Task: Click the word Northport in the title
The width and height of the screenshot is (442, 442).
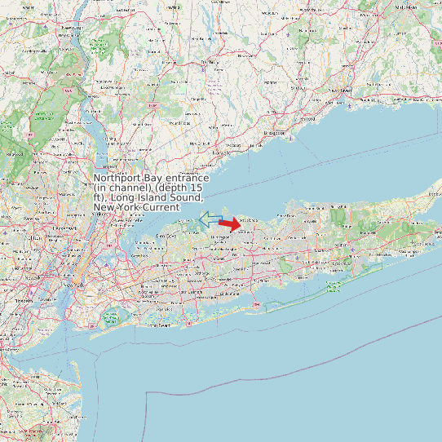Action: pyautogui.click(x=117, y=178)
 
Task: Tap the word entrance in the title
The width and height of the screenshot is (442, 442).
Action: pyautogui.click(x=184, y=178)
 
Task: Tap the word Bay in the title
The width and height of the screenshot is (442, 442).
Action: pyautogui.click(x=152, y=178)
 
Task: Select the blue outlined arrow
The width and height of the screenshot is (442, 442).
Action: pyautogui.click(x=210, y=218)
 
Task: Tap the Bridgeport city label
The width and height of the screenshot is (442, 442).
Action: pyautogui.click(x=276, y=131)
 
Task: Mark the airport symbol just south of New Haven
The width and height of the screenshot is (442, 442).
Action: pyautogui.click(x=350, y=104)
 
